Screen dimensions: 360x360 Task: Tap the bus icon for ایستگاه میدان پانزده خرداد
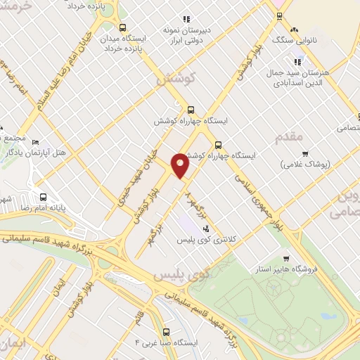[123, 28]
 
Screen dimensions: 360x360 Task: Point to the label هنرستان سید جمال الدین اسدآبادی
[290, 78]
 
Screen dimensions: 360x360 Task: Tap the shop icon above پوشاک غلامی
[305, 154]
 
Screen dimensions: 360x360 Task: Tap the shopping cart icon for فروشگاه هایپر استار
[285, 258]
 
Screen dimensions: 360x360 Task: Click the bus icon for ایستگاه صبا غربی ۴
[166, 330]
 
